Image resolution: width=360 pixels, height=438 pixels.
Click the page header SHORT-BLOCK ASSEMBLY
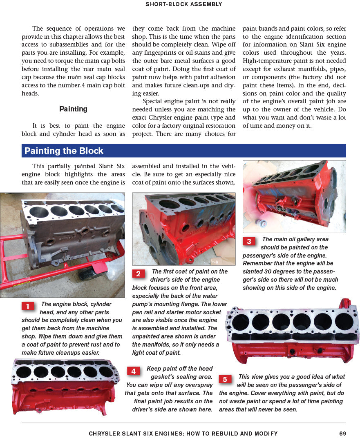click(x=183, y=4)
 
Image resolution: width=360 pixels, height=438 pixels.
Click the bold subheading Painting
click(x=73, y=109)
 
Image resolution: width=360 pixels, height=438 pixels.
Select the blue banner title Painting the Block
click(x=64, y=151)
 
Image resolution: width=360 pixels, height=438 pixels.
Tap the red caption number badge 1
click(x=28, y=306)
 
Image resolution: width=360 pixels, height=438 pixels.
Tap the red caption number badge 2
click(x=138, y=274)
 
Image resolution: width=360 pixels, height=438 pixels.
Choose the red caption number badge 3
click(x=249, y=242)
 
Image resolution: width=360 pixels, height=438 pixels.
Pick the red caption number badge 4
click(x=133, y=371)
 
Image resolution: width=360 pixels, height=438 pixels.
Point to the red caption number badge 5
click(x=225, y=379)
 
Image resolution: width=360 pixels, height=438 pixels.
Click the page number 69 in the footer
click(x=343, y=434)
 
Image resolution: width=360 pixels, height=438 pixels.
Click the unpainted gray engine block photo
click(x=63, y=245)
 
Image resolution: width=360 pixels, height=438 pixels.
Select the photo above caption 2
click(x=183, y=229)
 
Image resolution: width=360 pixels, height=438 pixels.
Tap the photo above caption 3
click(x=294, y=196)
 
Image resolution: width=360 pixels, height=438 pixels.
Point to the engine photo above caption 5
click(x=293, y=331)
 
